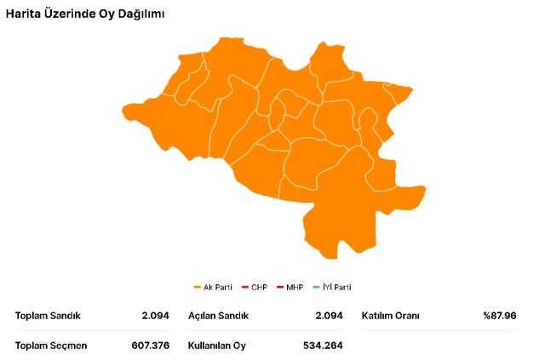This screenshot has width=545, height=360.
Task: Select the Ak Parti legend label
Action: point(218,287)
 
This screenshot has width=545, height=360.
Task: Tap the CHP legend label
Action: point(259,287)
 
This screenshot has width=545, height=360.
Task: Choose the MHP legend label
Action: point(295,287)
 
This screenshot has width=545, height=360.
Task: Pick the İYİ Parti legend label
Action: point(336,287)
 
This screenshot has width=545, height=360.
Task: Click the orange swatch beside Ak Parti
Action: point(198,287)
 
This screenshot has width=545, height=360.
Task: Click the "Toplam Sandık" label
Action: point(48,316)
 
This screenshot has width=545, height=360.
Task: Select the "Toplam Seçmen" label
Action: point(51,346)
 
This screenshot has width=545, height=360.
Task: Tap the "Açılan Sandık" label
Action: point(219,316)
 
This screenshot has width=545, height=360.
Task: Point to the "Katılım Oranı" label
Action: point(391,316)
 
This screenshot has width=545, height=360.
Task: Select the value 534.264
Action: point(323,346)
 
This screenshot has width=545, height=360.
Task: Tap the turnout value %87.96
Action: point(500,316)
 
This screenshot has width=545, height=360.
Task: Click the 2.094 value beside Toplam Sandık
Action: point(157,316)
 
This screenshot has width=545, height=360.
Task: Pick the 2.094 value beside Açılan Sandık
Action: point(327,316)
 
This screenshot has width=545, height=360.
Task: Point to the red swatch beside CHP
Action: point(244,287)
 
